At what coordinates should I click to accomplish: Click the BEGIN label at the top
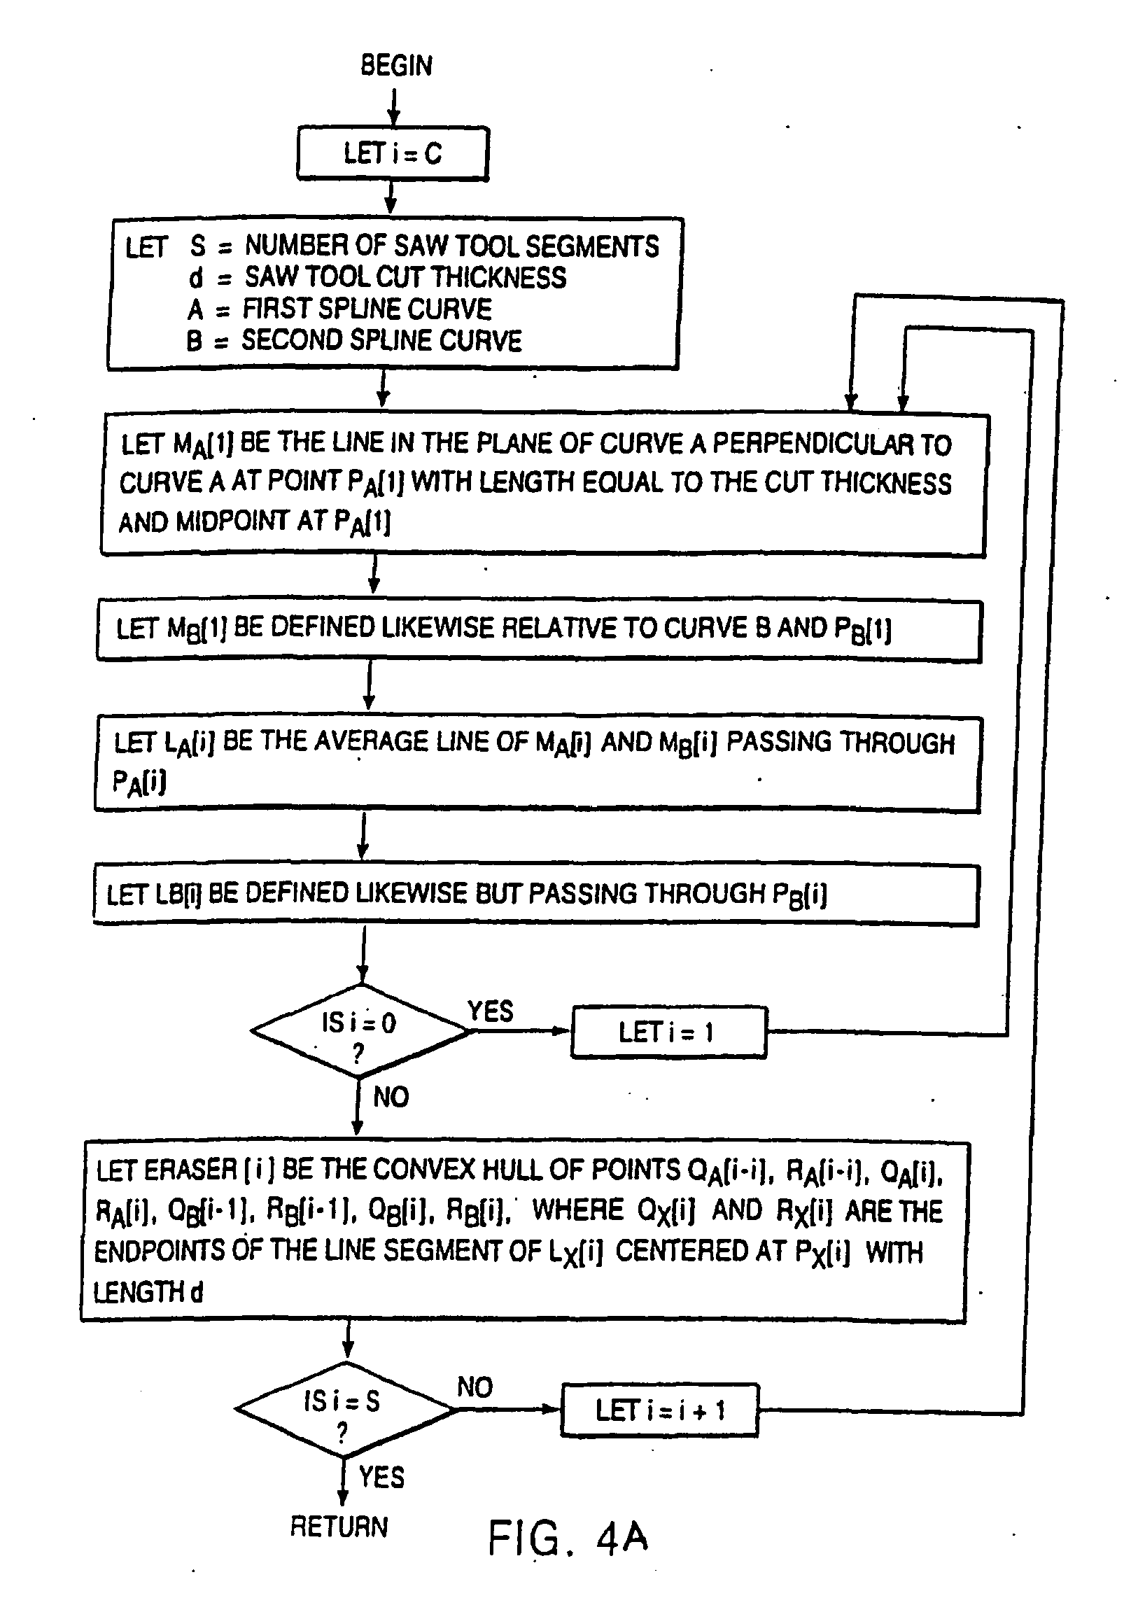click(x=396, y=65)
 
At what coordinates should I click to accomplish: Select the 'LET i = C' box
click(x=393, y=154)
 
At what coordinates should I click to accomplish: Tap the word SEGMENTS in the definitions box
click(x=592, y=246)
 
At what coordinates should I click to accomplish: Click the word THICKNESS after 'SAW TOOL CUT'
click(x=499, y=278)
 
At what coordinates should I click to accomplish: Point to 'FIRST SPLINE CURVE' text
click(x=367, y=309)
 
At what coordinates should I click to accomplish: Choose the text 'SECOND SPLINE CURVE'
click(x=382, y=340)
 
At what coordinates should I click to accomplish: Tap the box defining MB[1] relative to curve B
click(x=538, y=630)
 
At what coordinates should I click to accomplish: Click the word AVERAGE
click(x=368, y=742)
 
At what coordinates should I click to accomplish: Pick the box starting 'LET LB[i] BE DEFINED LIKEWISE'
click(x=535, y=895)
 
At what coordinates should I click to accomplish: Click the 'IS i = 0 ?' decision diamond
click(x=359, y=1031)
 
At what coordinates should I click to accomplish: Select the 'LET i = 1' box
click(x=668, y=1032)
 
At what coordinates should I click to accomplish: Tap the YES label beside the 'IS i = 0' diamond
click(x=490, y=1011)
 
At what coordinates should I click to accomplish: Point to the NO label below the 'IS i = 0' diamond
click(x=391, y=1097)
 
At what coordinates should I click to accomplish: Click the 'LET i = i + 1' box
click(x=660, y=1410)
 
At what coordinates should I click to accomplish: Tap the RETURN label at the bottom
click(x=339, y=1527)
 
